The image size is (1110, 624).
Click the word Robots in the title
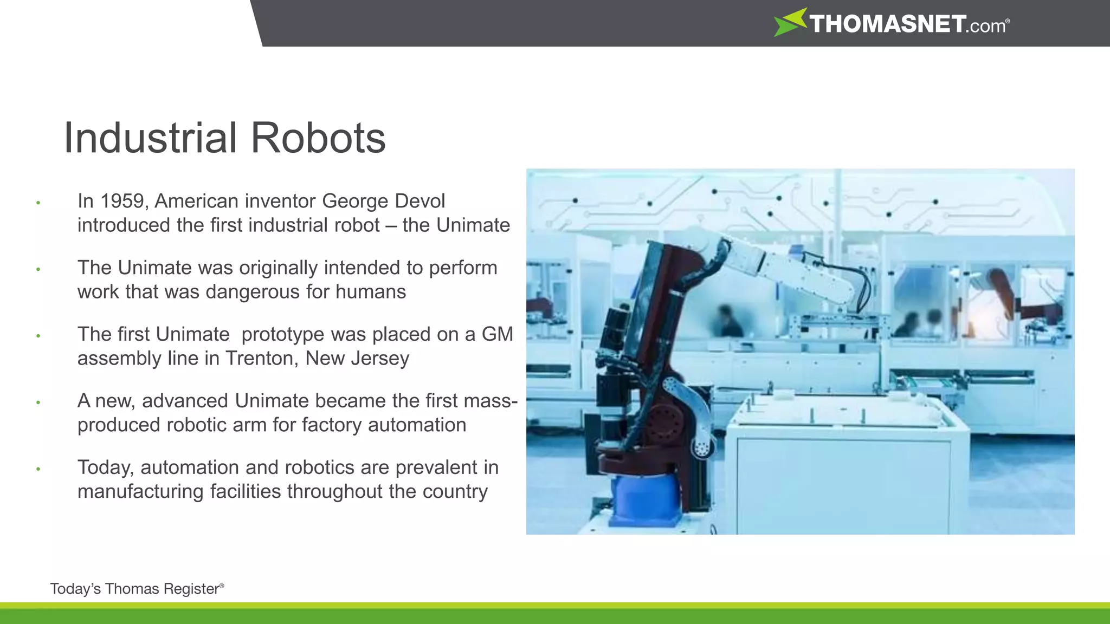tap(318, 138)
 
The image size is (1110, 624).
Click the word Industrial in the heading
tap(150, 138)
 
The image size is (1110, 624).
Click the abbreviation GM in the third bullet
tap(496, 335)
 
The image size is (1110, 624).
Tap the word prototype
tap(283, 335)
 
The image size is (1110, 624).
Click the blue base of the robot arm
tap(645, 498)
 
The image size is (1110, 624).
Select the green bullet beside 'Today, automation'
tap(38, 469)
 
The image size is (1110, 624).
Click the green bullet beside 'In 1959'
tap(38, 203)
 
